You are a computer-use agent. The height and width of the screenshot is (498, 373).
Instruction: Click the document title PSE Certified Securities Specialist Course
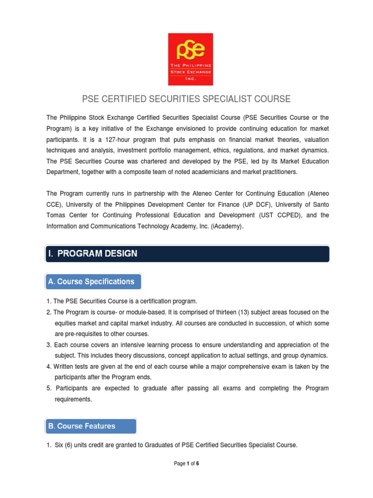point(186,99)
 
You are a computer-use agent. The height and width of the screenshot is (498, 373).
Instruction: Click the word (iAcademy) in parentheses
point(226,226)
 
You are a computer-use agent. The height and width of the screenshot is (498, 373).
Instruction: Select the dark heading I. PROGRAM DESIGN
point(93,253)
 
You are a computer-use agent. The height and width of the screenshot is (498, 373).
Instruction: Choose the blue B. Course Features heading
point(82,426)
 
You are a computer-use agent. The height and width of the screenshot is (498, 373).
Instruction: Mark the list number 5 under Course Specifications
point(49,388)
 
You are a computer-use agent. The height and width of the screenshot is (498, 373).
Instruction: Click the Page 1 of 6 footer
point(186,464)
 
